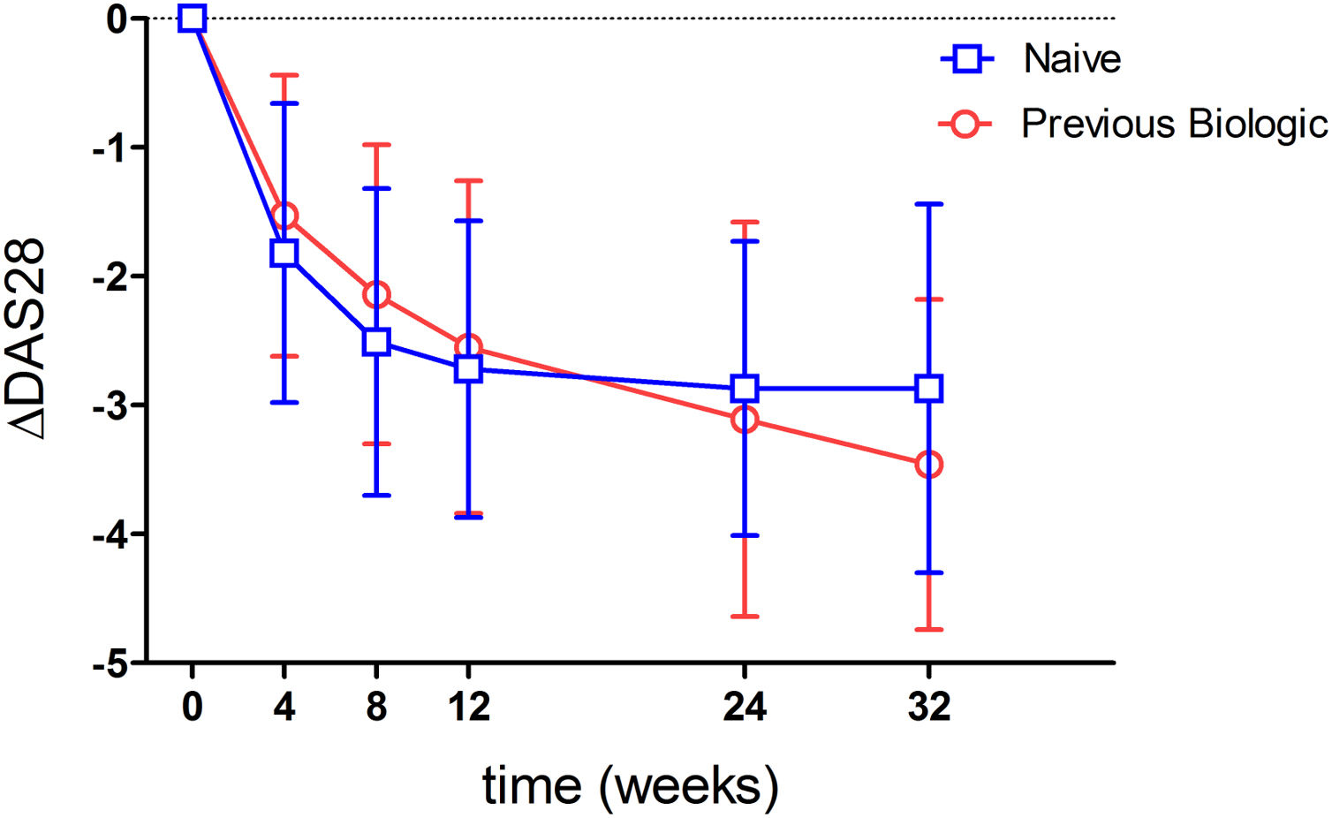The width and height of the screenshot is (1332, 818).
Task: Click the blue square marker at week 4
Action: (284, 253)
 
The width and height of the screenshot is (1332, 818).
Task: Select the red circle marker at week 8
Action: (376, 294)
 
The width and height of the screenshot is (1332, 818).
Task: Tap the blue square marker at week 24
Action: (745, 388)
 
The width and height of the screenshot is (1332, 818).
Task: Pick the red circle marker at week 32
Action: (928, 465)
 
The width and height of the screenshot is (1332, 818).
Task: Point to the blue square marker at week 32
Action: (928, 388)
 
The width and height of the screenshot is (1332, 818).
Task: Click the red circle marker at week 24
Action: (745, 419)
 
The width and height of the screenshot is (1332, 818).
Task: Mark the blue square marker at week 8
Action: (376, 342)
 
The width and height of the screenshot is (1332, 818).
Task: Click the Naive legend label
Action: (1071, 59)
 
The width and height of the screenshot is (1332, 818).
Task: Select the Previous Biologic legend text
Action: (1174, 124)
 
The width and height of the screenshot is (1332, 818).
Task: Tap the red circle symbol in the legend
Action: (965, 124)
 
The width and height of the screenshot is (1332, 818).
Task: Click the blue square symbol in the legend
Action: (967, 59)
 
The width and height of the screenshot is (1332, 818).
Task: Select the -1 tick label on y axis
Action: (111, 148)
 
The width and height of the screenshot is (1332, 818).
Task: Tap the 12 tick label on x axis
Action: (468, 708)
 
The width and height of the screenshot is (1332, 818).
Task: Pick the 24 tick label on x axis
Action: (745, 708)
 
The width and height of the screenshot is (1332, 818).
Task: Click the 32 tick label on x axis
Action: (928, 708)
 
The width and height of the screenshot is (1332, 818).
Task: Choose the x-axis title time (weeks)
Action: (630, 785)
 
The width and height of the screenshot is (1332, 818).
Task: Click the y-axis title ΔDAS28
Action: (28, 339)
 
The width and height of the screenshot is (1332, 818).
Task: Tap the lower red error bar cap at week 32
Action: (928, 630)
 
